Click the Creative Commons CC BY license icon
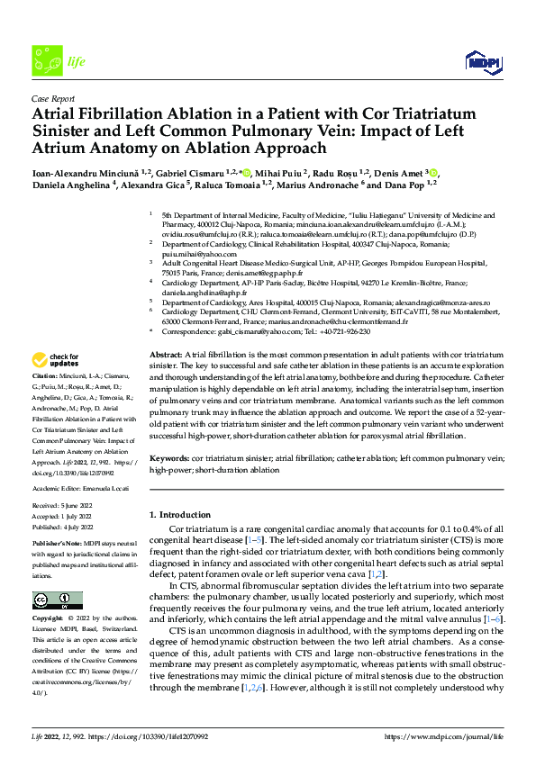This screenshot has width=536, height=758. click(58, 600)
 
